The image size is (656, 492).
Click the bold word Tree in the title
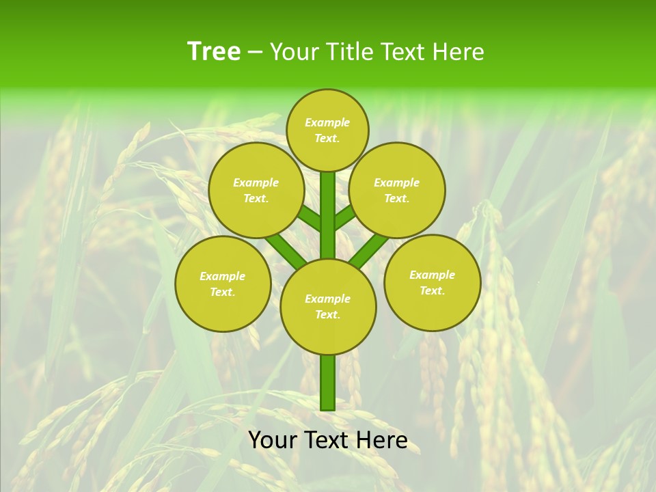pos(214,52)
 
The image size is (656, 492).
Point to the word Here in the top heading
pos(459,52)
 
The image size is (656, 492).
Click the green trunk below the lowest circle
pos(328,383)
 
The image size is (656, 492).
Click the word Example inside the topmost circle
pos(327,123)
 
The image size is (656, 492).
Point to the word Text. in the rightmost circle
pos(432,291)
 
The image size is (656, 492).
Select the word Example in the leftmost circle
pos(222,277)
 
